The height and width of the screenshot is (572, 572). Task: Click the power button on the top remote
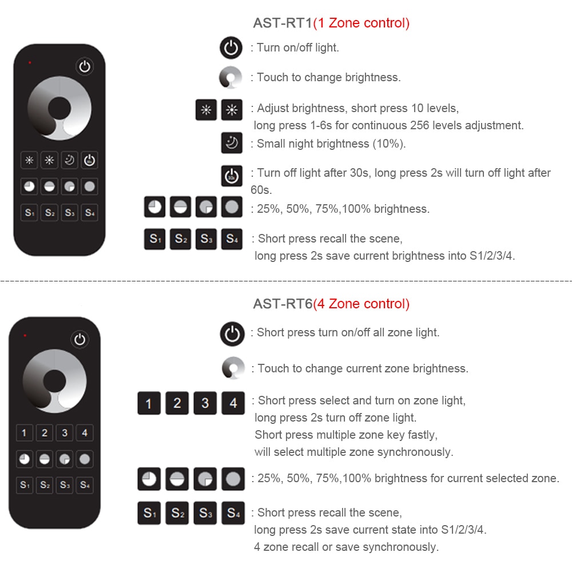[x=85, y=67]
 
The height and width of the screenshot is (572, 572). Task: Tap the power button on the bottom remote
[x=80, y=339]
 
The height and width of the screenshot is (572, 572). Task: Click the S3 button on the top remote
[x=69, y=213]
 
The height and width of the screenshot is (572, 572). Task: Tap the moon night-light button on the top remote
[x=69, y=160]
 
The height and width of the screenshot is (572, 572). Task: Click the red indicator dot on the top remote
[x=30, y=62]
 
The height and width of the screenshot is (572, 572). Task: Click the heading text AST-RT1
[x=283, y=23]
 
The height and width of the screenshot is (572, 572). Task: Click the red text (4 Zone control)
[x=361, y=304]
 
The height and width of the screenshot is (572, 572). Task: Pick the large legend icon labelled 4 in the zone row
[x=233, y=403]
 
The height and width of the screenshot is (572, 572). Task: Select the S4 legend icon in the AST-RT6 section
[x=233, y=513]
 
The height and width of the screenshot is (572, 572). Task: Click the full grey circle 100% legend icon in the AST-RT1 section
[x=232, y=207]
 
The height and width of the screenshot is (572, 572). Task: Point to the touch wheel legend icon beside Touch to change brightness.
[x=231, y=78]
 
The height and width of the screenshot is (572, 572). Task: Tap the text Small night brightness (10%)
[x=331, y=144]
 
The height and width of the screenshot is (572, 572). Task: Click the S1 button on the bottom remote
[x=25, y=485]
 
